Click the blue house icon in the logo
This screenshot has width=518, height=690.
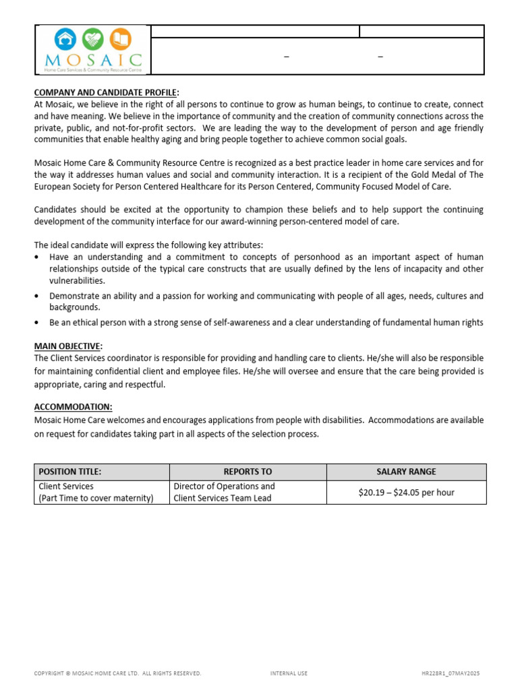point(66,39)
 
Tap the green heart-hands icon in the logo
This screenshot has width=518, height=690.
point(93,39)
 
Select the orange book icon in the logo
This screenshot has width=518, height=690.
point(120,39)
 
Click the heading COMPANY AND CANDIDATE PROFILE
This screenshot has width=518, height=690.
point(106,92)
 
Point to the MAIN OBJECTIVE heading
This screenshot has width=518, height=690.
point(68,346)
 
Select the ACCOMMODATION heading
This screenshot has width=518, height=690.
point(74,407)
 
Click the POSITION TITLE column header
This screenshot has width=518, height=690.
point(70,472)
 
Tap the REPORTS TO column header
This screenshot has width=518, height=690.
point(248,472)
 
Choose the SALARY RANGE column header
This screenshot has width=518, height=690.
point(406,472)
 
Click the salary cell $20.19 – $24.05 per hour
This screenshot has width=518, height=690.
point(406,493)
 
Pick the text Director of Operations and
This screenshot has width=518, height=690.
point(224,486)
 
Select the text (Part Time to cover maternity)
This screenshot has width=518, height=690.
point(96,499)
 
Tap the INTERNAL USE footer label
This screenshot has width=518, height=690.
point(289,673)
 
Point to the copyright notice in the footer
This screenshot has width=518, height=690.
point(117,673)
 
